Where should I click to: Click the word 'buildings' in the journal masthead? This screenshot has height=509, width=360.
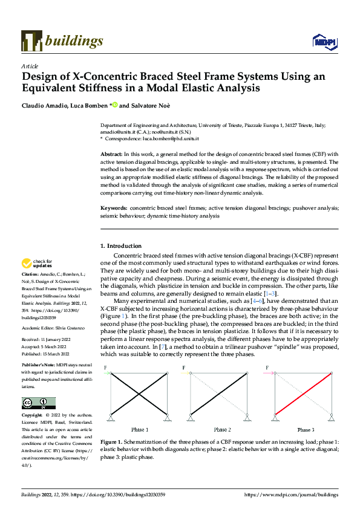tap(74, 41)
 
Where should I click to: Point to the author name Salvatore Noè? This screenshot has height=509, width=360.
tap(152, 105)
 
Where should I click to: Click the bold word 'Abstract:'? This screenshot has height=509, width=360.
tap(111, 155)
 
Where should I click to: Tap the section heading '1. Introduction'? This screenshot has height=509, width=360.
tap(120, 246)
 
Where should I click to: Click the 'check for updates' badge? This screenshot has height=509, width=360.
tap(36, 264)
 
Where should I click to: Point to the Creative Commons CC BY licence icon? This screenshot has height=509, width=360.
tap(39, 402)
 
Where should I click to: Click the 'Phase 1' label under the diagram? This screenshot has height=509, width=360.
tap(139, 429)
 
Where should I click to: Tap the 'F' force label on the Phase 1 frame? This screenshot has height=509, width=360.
tap(105, 368)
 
